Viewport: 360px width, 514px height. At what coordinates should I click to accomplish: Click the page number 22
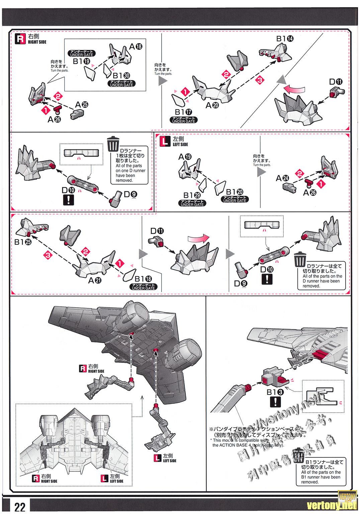(x=20, y=507)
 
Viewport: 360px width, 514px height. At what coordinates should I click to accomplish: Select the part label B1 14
(x=285, y=38)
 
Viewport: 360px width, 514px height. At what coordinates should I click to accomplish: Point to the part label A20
(x=212, y=105)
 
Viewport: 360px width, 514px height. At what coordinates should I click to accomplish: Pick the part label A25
(x=81, y=105)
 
